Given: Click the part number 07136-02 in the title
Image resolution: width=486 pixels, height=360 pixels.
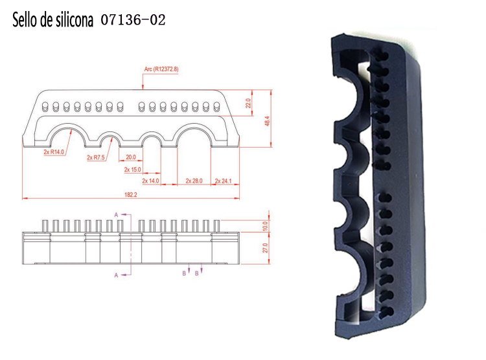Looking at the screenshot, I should pyautogui.click(x=133, y=20).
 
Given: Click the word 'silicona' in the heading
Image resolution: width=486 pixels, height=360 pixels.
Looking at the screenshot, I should pyautogui.click(x=72, y=20).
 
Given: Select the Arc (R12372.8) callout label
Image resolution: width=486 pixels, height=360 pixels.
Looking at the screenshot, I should pyautogui.click(x=161, y=69).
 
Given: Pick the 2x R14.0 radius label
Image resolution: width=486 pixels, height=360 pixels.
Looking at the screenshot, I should pyautogui.click(x=54, y=152).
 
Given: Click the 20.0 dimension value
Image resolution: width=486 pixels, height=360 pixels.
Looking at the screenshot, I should pyautogui.click(x=131, y=157).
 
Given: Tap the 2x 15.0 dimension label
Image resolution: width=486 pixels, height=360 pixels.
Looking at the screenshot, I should pyautogui.click(x=132, y=170).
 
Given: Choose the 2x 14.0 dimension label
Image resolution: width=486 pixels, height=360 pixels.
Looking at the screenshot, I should pyautogui.click(x=150, y=181).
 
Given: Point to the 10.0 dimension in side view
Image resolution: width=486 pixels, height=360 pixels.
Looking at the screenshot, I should pyautogui.click(x=265, y=225).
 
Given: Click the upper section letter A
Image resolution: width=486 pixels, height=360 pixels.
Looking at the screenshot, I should pyautogui.click(x=116, y=214).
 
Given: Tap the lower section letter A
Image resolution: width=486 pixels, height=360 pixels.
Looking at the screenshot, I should pyautogui.click(x=116, y=275).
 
